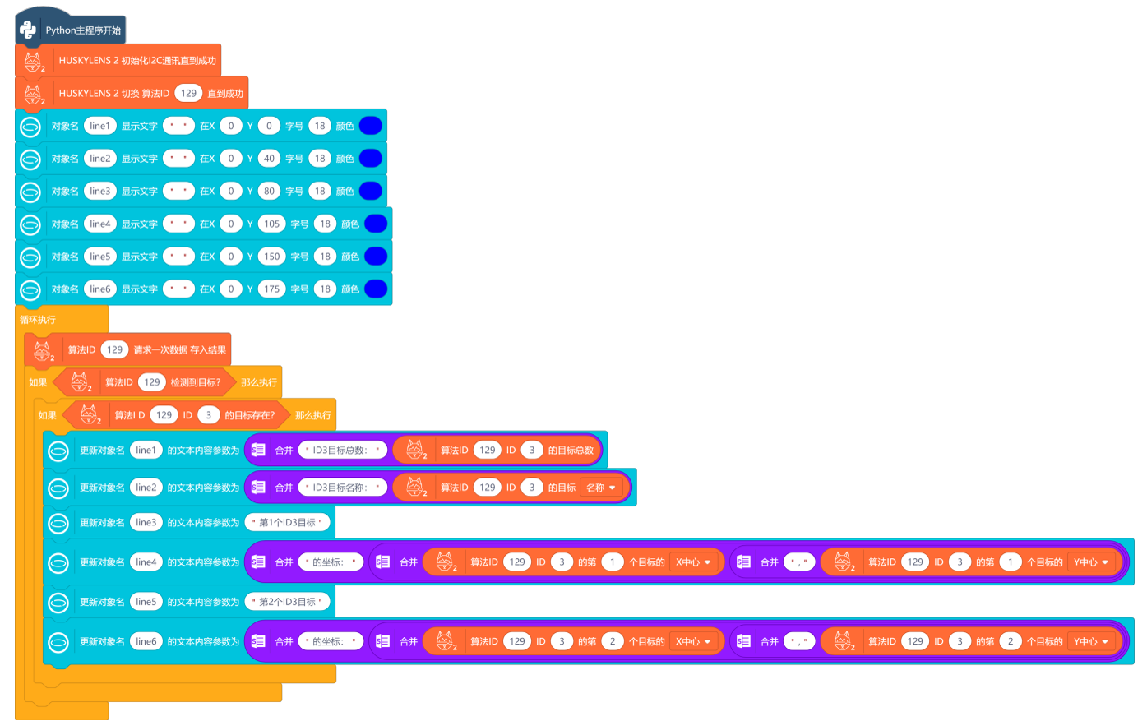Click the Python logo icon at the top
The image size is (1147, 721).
coord(29,30)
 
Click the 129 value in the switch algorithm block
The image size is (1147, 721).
coord(188,93)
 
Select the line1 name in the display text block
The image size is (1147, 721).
coord(99,126)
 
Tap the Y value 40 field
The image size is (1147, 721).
coord(269,159)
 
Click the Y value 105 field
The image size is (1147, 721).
coord(271,224)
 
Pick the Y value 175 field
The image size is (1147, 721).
coord(271,289)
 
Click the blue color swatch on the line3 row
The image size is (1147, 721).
coord(370,191)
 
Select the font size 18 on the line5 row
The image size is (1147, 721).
coord(325,257)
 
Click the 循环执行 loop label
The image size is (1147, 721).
coord(38,320)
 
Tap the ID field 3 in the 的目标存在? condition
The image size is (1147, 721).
coord(209,415)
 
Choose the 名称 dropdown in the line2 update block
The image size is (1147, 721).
coord(601,488)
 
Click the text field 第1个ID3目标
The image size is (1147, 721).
coord(287,522)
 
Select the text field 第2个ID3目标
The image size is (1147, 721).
coord(287,602)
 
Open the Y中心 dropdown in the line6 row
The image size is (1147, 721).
coord(1091,641)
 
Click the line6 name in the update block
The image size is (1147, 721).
coord(146,641)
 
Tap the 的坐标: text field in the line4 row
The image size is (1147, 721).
coord(330,562)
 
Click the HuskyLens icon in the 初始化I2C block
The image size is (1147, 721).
coord(33,61)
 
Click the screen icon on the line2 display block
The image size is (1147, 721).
coord(30,159)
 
